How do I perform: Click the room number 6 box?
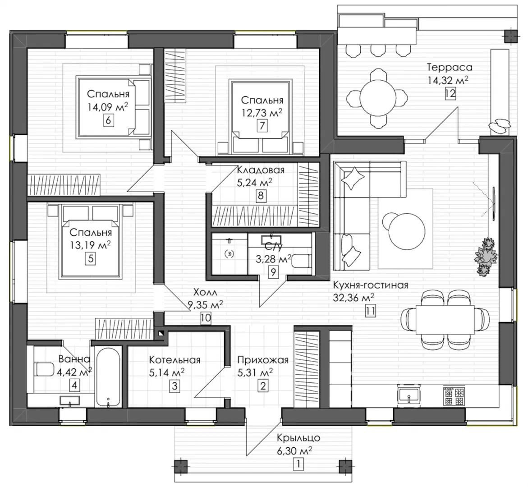coord(108,120)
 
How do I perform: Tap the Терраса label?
coord(450,67)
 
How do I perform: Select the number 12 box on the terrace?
coord(450,93)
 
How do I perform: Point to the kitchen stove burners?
coord(454,395)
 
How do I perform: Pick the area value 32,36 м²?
coord(354,298)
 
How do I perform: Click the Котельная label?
coord(175,360)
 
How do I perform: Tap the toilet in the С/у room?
coord(302,261)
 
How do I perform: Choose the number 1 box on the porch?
coord(298,464)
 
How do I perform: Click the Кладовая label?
coord(261,170)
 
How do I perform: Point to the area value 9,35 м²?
coord(206,305)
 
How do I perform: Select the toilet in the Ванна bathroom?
coord(44,369)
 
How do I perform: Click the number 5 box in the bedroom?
coord(91,259)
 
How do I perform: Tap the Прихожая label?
coord(263,360)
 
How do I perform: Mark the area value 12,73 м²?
coord(262,113)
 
